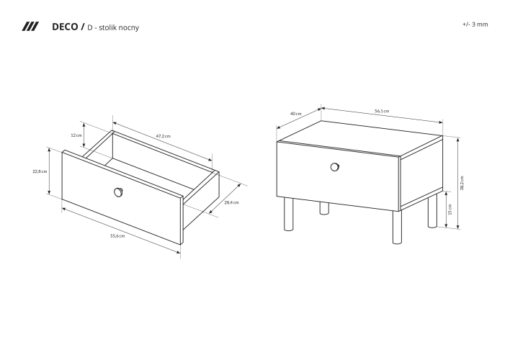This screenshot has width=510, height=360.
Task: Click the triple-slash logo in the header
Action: (30, 27)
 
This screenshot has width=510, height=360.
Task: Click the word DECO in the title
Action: (65, 27)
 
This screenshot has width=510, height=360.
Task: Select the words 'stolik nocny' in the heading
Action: (119, 27)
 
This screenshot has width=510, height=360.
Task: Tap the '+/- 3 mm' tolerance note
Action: (475, 24)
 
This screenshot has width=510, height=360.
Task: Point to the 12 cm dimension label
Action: (76, 135)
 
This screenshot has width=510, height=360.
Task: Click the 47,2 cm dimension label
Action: (164, 136)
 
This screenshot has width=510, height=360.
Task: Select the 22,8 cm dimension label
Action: (40, 171)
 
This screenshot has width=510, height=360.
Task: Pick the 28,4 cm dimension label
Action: (231, 202)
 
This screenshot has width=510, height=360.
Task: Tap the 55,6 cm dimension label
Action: (117, 235)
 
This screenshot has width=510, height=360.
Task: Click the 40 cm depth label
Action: (295, 114)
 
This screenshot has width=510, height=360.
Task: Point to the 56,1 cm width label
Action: (382, 111)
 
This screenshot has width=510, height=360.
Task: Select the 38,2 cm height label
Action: (462, 183)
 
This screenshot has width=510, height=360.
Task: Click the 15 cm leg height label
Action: (450, 210)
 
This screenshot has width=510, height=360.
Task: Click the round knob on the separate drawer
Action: (119, 192)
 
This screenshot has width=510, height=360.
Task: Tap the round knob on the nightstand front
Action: (335, 167)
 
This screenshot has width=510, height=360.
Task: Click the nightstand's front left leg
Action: (289, 214)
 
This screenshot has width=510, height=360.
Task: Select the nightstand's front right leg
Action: (397, 228)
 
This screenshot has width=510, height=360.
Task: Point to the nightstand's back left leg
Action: (324, 209)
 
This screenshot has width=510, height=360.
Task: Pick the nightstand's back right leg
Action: (433, 211)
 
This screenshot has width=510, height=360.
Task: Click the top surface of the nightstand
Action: (359, 139)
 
